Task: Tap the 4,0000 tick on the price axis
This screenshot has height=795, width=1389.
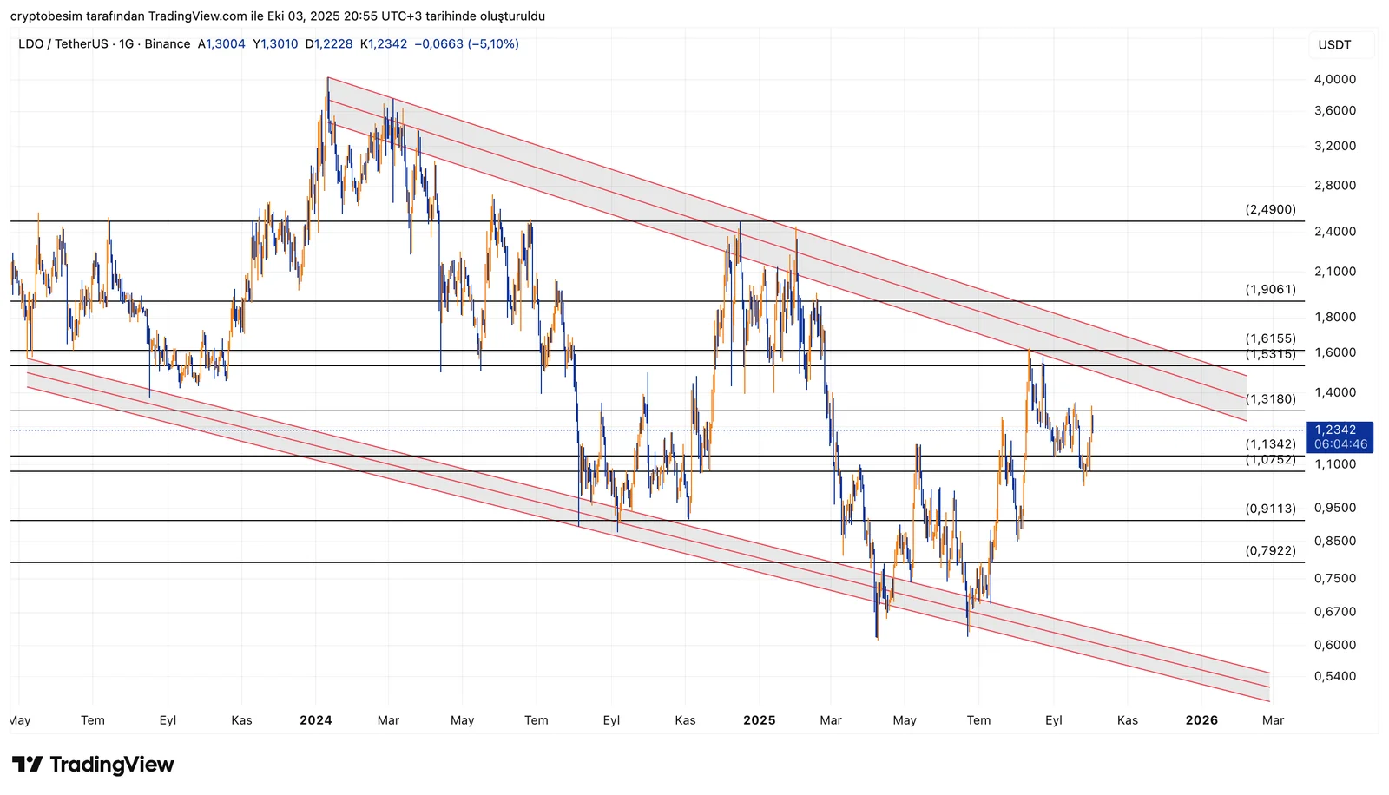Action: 1334,79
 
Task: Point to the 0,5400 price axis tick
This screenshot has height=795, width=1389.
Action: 1334,676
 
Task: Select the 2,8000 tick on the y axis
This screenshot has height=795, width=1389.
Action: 1334,185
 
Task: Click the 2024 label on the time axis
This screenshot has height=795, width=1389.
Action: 316,720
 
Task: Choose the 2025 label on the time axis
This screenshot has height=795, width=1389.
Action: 760,720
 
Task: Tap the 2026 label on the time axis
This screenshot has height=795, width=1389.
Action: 1201,720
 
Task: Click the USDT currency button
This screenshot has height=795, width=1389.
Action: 1334,45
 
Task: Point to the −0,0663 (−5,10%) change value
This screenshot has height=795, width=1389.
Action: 466,43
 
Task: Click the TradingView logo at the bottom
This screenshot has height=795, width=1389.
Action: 93,765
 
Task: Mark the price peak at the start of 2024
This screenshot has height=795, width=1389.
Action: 327,78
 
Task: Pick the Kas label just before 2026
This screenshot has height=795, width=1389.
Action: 1127,720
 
